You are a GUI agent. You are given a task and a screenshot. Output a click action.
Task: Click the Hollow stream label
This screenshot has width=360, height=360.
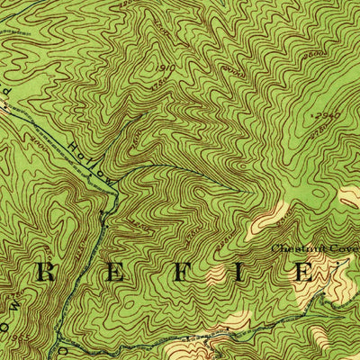pyautogui.click(x=91, y=157)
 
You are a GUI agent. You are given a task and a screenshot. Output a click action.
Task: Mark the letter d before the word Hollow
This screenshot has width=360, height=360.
pyautogui.click(x=11, y=92)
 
